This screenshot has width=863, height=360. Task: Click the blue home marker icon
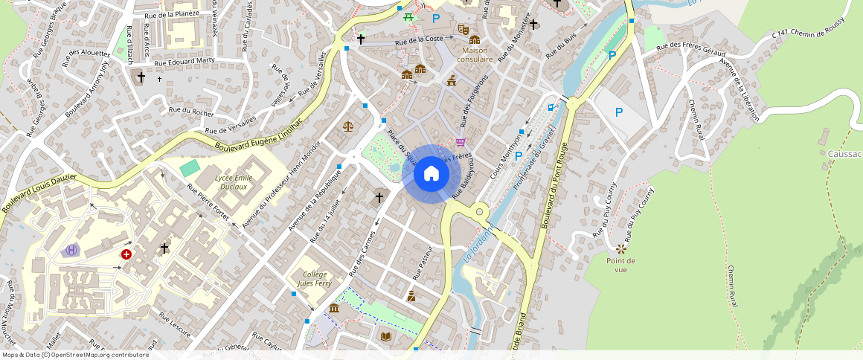pos(431,174)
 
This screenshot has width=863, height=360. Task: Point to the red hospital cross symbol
pos(126,254)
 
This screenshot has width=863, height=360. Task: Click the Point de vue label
pos(620,265)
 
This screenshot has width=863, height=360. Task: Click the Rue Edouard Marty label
pos(185,62)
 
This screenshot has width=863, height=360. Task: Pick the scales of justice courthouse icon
pos(348,126)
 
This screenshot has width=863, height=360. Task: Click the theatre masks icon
pos(462,29)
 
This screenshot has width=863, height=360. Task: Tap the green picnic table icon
pos(408,17)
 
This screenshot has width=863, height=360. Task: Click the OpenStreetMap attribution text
pos(75,355)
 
